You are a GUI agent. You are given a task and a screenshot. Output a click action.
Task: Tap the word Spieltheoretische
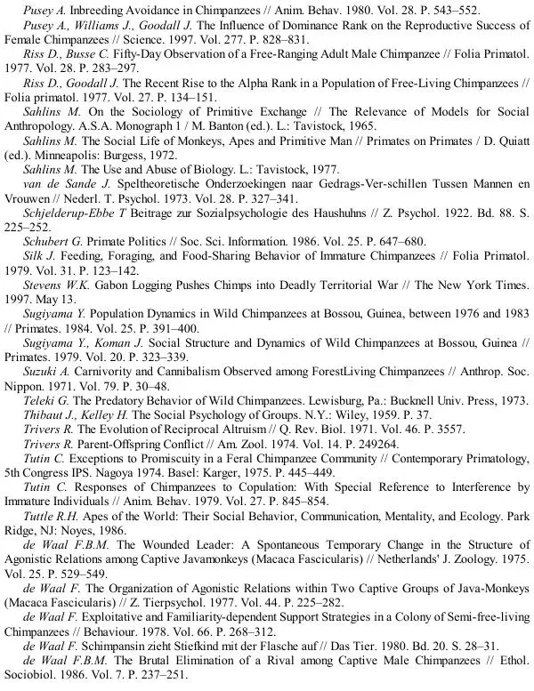[x=142, y=181]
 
